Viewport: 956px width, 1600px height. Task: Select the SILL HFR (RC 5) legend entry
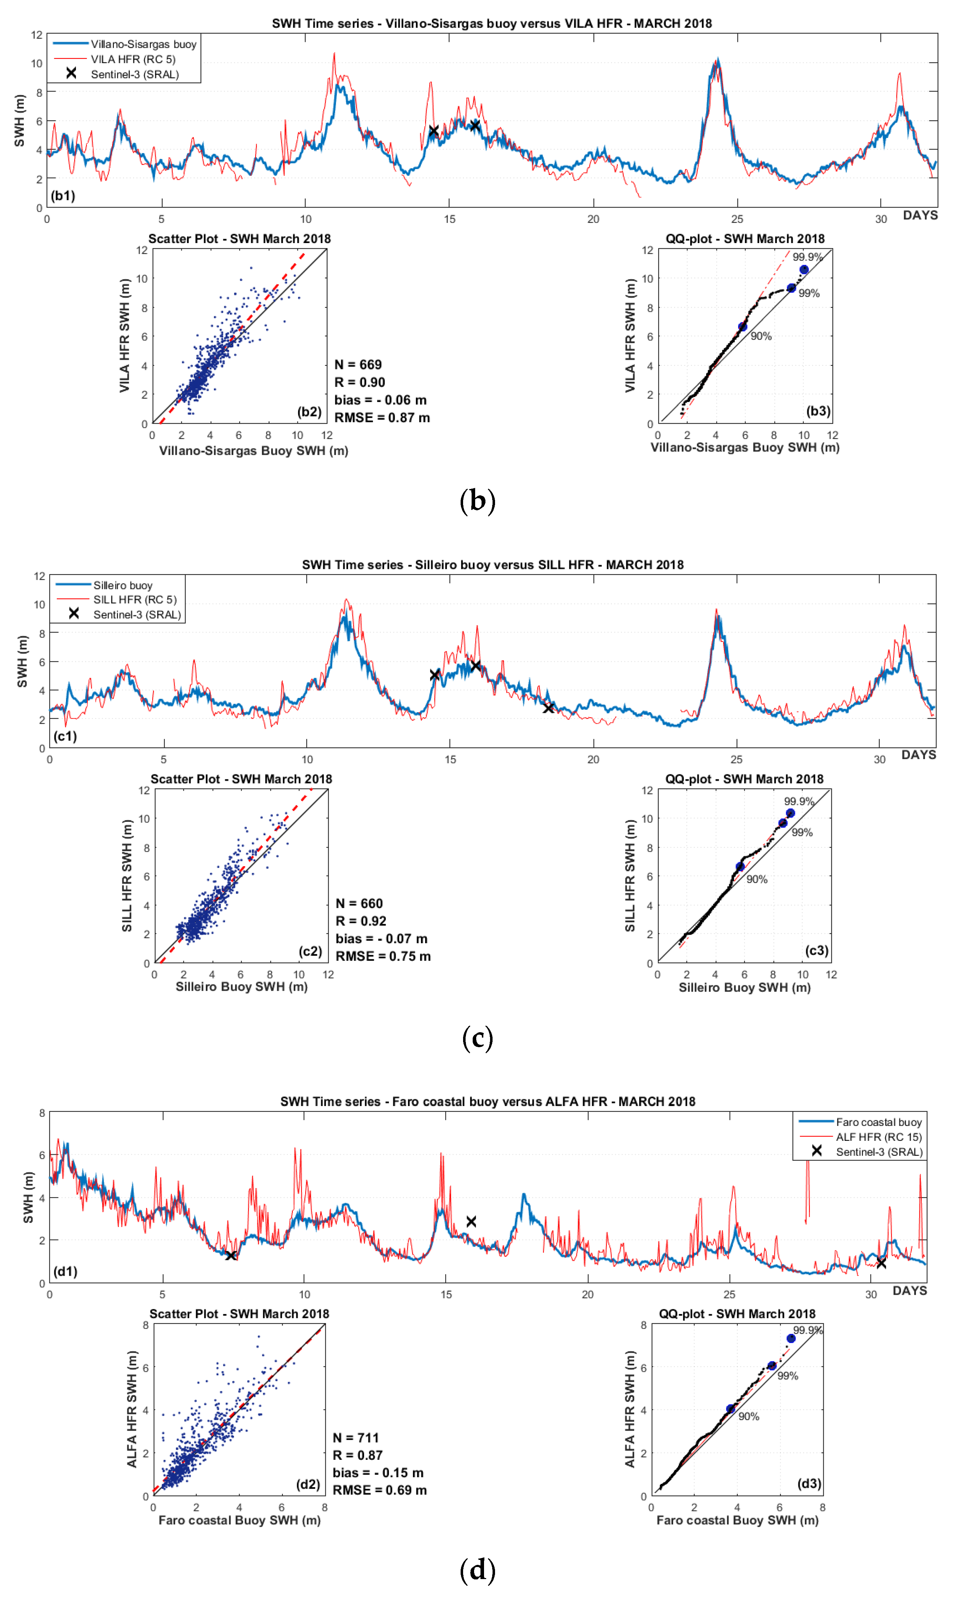[134, 600]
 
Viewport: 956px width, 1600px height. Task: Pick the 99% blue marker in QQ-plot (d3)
[772, 1365]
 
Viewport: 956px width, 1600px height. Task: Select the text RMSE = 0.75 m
[383, 957]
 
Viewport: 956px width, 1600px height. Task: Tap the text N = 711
[356, 1438]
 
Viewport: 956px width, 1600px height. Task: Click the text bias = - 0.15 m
[378, 1473]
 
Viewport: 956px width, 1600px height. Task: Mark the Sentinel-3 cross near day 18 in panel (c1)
[548, 708]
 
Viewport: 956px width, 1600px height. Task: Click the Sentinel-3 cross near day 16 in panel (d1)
[471, 1221]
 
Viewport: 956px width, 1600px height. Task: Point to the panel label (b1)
[63, 196]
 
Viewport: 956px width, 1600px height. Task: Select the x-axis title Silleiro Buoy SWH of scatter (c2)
[242, 987]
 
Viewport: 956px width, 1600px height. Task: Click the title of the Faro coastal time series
[488, 1101]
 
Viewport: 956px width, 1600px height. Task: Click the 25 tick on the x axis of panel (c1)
[736, 759]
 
